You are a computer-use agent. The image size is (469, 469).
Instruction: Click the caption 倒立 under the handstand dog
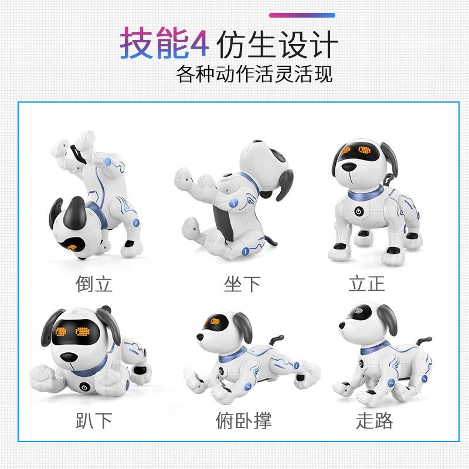(94, 284)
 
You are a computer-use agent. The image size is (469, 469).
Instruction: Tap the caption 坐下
(242, 284)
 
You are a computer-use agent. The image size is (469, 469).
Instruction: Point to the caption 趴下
(94, 420)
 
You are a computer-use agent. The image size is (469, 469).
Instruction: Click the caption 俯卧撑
(243, 420)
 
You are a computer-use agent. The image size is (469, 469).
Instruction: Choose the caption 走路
(374, 420)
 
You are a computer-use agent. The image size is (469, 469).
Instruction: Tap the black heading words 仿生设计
(277, 45)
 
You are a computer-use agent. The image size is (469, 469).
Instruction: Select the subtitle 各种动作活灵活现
(254, 74)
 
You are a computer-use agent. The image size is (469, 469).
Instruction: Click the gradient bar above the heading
(302, 15)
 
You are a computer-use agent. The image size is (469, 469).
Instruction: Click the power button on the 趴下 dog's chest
(85, 387)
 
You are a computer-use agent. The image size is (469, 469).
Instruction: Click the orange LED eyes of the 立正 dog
(357, 151)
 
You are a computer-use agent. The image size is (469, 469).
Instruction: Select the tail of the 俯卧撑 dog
(277, 341)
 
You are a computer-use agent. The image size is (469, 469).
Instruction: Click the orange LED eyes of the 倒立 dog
(77, 247)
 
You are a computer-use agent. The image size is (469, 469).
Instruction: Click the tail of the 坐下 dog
(271, 241)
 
